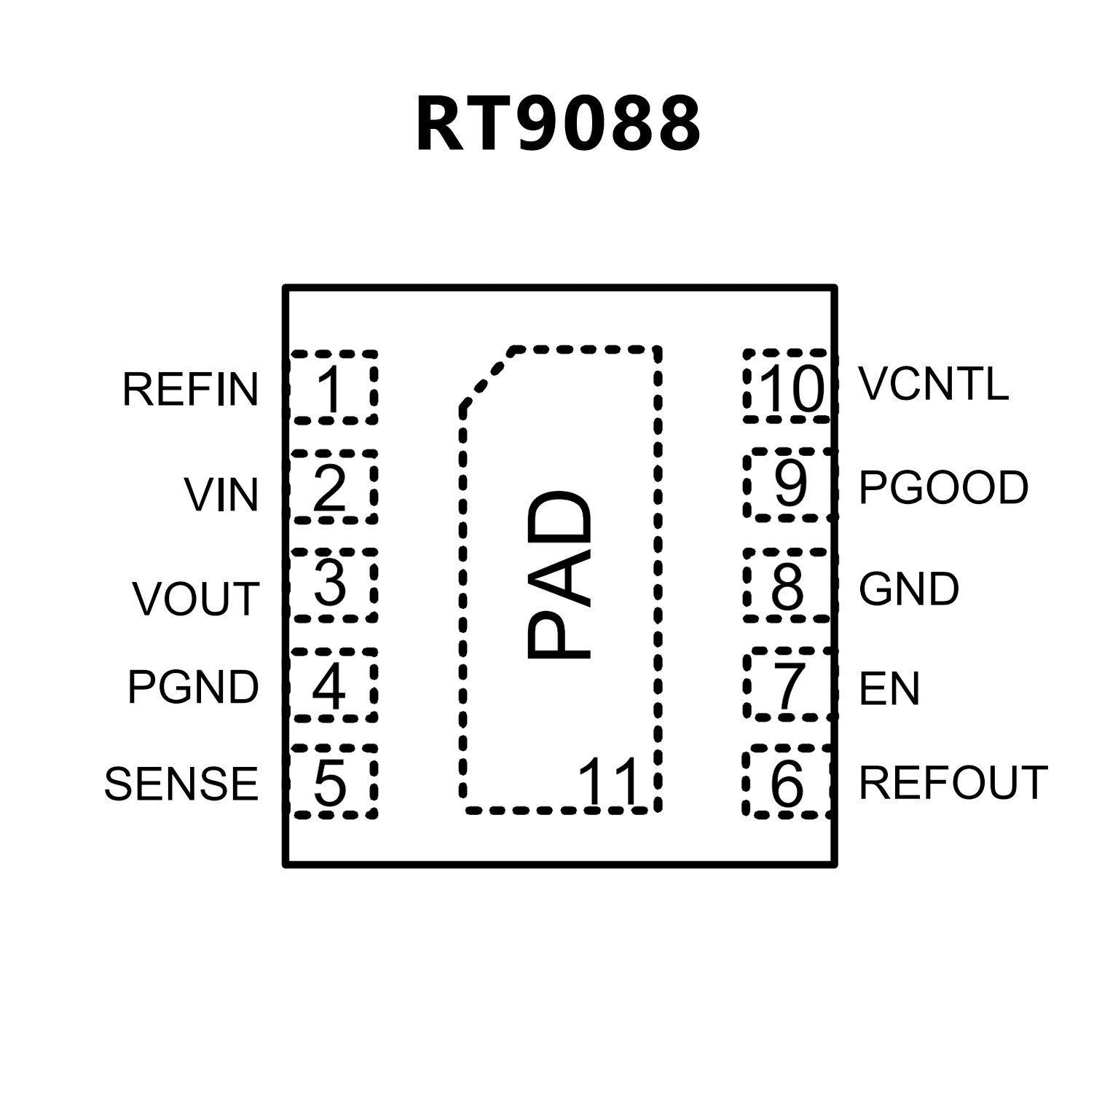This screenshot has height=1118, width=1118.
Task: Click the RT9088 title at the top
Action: [558, 125]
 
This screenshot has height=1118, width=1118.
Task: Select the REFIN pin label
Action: [190, 389]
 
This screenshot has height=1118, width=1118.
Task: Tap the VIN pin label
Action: [221, 495]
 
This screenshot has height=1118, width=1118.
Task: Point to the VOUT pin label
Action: [196, 599]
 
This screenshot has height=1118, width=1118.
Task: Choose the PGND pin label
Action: [193, 687]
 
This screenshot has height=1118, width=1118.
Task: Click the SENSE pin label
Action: [181, 784]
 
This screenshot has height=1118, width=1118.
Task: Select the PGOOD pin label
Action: [943, 487]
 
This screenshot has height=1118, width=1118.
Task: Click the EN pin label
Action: [889, 688]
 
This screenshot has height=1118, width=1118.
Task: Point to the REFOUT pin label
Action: [953, 783]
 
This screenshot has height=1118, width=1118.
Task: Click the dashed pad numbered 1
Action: [334, 387]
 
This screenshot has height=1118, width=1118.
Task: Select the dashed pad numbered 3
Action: [334, 585]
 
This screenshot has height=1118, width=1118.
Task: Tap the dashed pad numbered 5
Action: [334, 782]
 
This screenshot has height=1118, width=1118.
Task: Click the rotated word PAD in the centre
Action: [559, 575]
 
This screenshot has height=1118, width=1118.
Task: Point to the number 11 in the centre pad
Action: [608, 782]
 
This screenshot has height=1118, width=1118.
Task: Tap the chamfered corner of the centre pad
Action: [487, 377]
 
